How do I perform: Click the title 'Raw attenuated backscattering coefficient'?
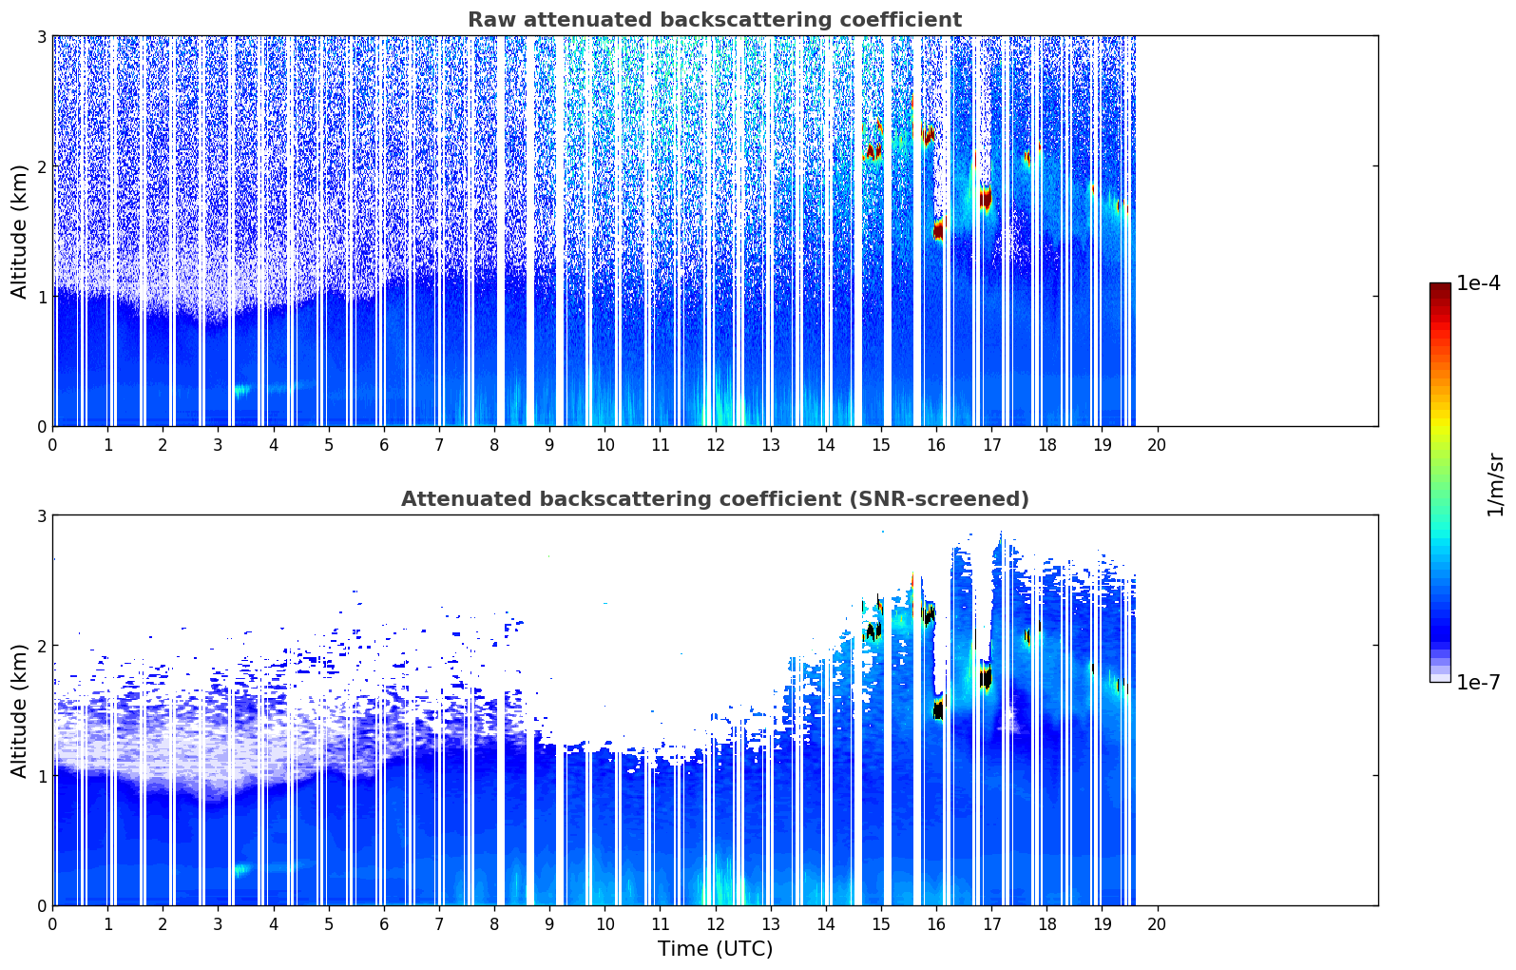pos(714,20)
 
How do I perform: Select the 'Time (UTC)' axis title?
pos(715,948)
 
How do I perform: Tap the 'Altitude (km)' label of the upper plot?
pos(20,231)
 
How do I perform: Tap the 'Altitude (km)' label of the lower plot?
pos(20,710)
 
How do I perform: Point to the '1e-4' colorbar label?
pos(1478,283)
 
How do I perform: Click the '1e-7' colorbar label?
pos(1478,682)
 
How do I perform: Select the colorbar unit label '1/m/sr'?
pos(1495,484)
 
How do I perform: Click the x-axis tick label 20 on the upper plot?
pos(1157,444)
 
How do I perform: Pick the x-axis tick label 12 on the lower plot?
pos(715,923)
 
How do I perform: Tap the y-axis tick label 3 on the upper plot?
pos(41,36)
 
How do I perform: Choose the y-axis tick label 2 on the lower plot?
pos(41,646)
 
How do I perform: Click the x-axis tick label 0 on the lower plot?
pos(52,923)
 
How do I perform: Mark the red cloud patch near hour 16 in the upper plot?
pos(938,229)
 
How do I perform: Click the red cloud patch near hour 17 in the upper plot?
pos(986,199)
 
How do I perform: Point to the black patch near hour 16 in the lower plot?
pos(938,709)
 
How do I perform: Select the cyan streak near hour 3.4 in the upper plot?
pos(241,389)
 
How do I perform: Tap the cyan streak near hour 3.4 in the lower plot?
pos(241,868)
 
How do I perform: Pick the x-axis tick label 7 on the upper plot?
pos(439,444)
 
